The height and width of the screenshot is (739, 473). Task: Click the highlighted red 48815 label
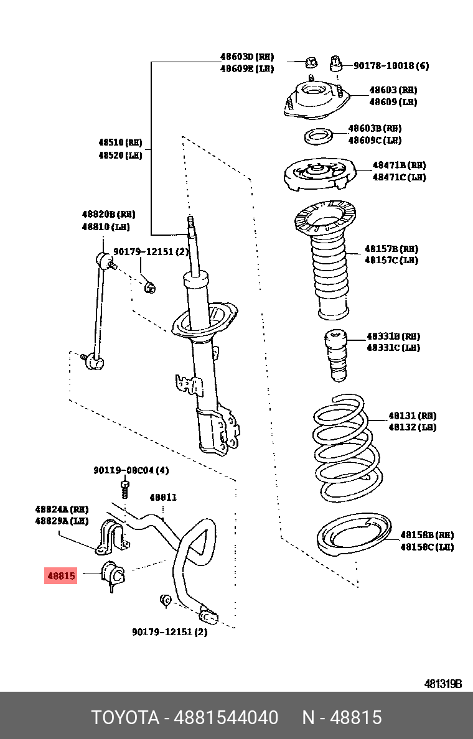pyautogui.click(x=61, y=576)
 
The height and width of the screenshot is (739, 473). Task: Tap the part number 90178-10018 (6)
pyautogui.click(x=391, y=66)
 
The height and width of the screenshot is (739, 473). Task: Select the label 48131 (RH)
pyautogui.click(x=412, y=416)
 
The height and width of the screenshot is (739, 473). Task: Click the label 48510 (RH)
pyautogui.click(x=120, y=143)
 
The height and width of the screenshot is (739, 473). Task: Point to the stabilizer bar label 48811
pyautogui.click(x=163, y=498)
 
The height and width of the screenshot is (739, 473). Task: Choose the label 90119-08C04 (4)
pyautogui.click(x=131, y=470)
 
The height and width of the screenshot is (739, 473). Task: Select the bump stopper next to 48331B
pyautogui.click(x=336, y=355)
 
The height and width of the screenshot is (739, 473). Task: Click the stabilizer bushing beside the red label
pyautogui.click(x=113, y=573)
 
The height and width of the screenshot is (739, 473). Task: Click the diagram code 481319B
pyautogui.click(x=443, y=684)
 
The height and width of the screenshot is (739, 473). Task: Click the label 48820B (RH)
pyautogui.click(x=108, y=214)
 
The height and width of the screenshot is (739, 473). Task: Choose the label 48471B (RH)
pyautogui.click(x=399, y=165)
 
